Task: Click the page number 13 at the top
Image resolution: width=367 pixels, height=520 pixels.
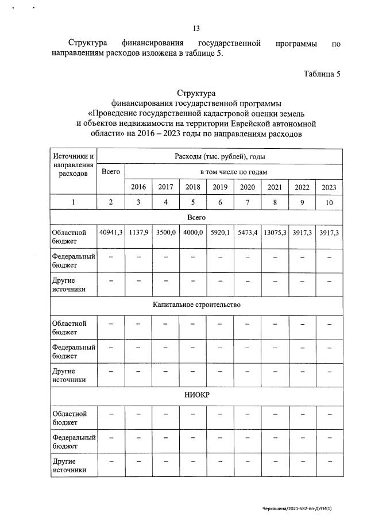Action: [196, 28]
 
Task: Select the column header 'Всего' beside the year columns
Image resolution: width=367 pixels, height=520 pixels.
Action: [110, 171]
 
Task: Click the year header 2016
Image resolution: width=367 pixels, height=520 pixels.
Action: [138, 187]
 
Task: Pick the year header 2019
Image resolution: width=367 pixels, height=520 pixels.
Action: [220, 187]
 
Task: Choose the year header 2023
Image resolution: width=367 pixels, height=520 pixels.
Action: [329, 187]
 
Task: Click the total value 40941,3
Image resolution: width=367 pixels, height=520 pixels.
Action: [111, 233]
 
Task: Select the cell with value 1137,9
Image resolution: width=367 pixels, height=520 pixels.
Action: [138, 233]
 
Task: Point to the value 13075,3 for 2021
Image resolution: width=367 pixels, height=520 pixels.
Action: [275, 233]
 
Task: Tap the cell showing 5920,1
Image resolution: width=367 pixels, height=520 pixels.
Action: [220, 233]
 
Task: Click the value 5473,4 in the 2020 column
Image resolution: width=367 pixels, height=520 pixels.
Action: [248, 233]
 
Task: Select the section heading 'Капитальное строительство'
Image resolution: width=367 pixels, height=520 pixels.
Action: [196, 303]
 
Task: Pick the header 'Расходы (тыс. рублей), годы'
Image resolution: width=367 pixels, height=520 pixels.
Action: [219, 156]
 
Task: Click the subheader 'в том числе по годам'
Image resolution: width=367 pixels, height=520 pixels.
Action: [233, 171]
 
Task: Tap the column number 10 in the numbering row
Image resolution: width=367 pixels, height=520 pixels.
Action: [329, 202]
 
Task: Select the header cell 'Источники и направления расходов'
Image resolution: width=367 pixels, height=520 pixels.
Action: [74, 164]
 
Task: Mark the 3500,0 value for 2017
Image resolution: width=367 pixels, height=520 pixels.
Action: [166, 233]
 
